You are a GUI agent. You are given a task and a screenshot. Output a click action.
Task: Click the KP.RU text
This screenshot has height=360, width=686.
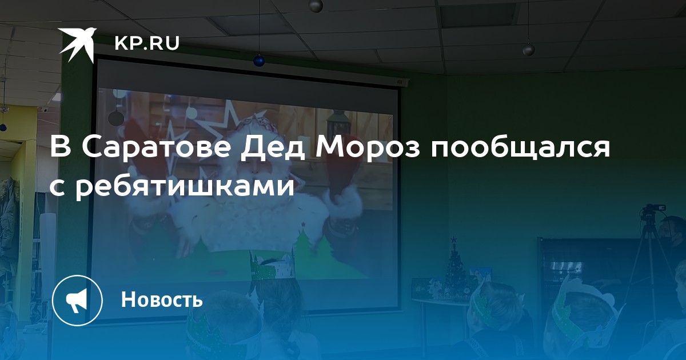point(147,43)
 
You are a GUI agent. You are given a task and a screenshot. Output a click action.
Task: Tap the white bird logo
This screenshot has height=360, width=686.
point(77,45)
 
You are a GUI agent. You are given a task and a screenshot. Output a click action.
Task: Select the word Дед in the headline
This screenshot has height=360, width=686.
point(273,149)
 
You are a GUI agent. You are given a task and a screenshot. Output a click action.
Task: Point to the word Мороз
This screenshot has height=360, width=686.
point(368,147)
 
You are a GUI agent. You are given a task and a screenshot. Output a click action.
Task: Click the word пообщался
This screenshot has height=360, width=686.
point(521,149)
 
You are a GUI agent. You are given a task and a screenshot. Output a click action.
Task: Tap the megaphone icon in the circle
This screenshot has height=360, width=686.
point(77,301)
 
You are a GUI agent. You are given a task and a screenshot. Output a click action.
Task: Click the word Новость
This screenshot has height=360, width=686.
point(162,299)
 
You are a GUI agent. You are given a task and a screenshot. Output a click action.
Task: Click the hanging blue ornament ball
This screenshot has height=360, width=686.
point(259,61)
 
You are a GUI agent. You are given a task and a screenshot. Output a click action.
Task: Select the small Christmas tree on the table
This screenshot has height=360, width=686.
point(454,266)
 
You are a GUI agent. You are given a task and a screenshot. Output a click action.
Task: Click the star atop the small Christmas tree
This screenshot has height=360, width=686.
point(453,239)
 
